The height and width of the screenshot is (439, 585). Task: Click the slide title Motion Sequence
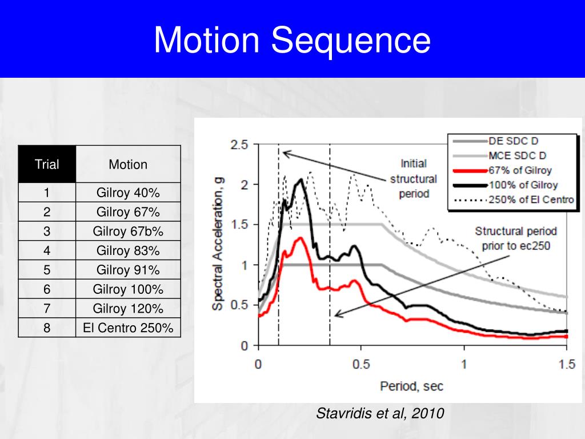click(292, 41)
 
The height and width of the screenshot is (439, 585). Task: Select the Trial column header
click(47, 165)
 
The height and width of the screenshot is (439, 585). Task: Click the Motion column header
click(128, 165)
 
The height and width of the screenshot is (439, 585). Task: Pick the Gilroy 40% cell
click(128, 193)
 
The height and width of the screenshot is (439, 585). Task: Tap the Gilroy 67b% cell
click(128, 232)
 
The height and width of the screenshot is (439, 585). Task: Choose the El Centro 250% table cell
click(128, 328)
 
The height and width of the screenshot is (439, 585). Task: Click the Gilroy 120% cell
click(128, 309)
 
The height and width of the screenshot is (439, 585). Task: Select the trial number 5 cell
click(47, 270)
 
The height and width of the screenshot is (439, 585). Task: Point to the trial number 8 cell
click(47, 328)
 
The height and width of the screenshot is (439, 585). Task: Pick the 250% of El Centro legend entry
click(531, 199)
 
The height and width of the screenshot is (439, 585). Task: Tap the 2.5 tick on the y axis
click(239, 145)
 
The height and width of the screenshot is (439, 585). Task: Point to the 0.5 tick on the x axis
click(361, 365)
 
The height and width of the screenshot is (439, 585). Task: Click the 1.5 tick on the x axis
click(567, 365)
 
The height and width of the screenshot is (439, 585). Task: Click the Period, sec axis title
click(411, 386)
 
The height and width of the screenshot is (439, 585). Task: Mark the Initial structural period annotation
click(413, 178)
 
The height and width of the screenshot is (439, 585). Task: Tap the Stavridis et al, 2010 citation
click(380, 413)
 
